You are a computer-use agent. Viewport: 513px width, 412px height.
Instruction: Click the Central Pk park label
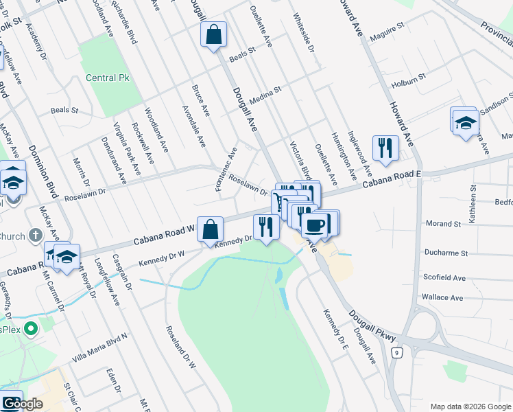[x=107, y=78]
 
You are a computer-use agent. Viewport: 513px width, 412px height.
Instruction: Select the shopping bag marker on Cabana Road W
[x=212, y=231]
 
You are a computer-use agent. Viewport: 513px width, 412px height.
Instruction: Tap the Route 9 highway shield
[x=396, y=353]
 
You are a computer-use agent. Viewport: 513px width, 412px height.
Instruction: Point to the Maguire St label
[x=386, y=32]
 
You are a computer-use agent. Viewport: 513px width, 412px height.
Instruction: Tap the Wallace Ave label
[x=444, y=297]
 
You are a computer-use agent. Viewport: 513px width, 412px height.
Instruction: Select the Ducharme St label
[x=446, y=253]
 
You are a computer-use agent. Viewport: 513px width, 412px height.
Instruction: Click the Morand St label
[x=443, y=224]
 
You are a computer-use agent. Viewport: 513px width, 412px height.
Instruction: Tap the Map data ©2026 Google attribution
[x=470, y=406]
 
